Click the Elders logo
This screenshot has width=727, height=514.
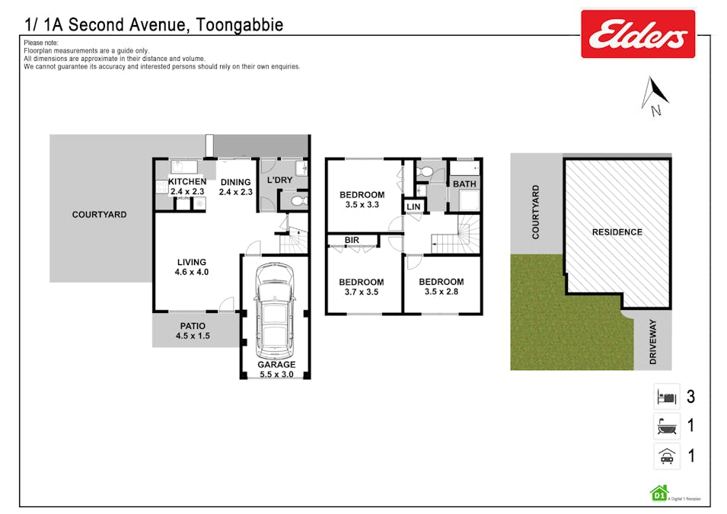(x=637, y=34)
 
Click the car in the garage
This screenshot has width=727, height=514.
(x=275, y=311)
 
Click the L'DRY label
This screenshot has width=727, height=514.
(x=279, y=180)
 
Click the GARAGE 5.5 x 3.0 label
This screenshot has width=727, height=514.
(x=275, y=369)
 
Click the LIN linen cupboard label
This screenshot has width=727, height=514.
(x=413, y=206)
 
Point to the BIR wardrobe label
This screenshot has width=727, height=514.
(x=352, y=241)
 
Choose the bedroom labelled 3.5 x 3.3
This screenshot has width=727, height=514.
(x=362, y=200)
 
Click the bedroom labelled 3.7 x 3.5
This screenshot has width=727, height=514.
(x=361, y=287)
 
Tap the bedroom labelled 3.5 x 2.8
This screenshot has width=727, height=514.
(x=441, y=286)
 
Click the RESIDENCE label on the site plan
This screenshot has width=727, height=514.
(x=617, y=232)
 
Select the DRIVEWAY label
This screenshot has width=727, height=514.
(x=653, y=342)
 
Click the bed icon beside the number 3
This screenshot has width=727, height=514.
(x=666, y=397)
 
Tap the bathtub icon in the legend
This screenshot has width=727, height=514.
(x=666, y=426)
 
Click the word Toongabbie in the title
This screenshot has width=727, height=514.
(x=239, y=24)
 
